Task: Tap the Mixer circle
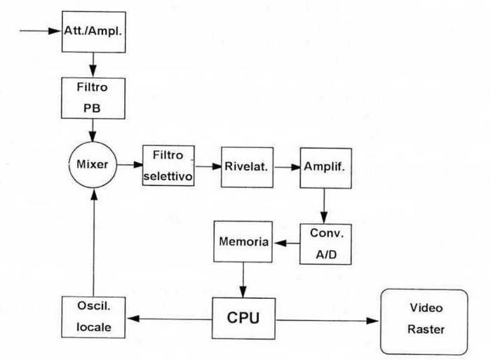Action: tap(94, 166)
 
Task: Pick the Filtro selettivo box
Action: tap(168, 166)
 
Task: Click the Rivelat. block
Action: tap(243, 167)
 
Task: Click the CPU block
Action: tap(243, 319)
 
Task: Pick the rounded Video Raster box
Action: tap(424, 321)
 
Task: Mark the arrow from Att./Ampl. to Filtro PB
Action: tap(94, 65)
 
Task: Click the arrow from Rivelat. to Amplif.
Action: tap(283, 167)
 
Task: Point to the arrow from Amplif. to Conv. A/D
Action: tap(323, 205)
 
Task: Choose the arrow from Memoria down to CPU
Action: tap(243, 281)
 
